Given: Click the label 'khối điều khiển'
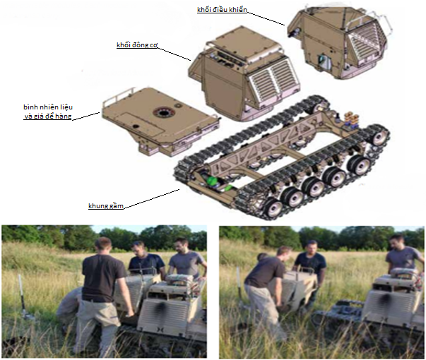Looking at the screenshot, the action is [222, 10].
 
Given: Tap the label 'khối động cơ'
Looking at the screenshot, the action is [137, 44].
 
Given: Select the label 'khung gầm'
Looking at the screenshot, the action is [106, 206].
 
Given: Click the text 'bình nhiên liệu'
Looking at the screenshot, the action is [48, 107].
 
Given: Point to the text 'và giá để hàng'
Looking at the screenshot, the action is [48, 116].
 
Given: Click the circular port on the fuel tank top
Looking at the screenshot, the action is [163, 112].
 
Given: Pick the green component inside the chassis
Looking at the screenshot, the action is [216, 182].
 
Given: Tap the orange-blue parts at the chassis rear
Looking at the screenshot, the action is [352, 119].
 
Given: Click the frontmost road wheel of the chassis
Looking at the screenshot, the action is [273, 208].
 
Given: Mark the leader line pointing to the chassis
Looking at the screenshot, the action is [152, 199].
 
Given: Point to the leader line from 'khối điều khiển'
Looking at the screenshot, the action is [266, 18].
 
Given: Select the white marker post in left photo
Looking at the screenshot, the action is [21, 296].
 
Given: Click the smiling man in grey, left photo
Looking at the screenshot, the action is [187, 260].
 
